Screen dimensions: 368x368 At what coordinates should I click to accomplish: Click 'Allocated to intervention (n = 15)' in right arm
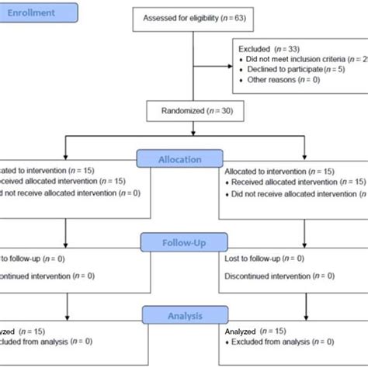280,170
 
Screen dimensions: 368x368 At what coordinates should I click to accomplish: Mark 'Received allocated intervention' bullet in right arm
292,181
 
